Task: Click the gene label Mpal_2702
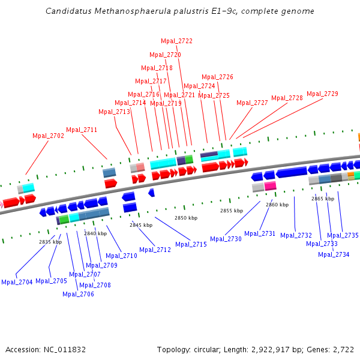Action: [x=48, y=136]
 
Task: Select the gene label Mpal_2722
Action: [x=176, y=41]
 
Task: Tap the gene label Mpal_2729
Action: [x=322, y=94]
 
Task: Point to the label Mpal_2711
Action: [x=82, y=130]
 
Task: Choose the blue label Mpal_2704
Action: [x=17, y=282]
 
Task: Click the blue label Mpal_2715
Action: [x=191, y=244]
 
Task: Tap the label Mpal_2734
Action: [x=334, y=254]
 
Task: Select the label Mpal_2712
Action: [x=155, y=250]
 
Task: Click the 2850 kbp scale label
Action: [x=185, y=218]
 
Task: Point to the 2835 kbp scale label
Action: [x=50, y=242]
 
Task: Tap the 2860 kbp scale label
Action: [x=277, y=205]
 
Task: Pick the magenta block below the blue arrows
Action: [x=271, y=186]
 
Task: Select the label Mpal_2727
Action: [x=252, y=103]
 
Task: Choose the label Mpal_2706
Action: [x=78, y=294]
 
